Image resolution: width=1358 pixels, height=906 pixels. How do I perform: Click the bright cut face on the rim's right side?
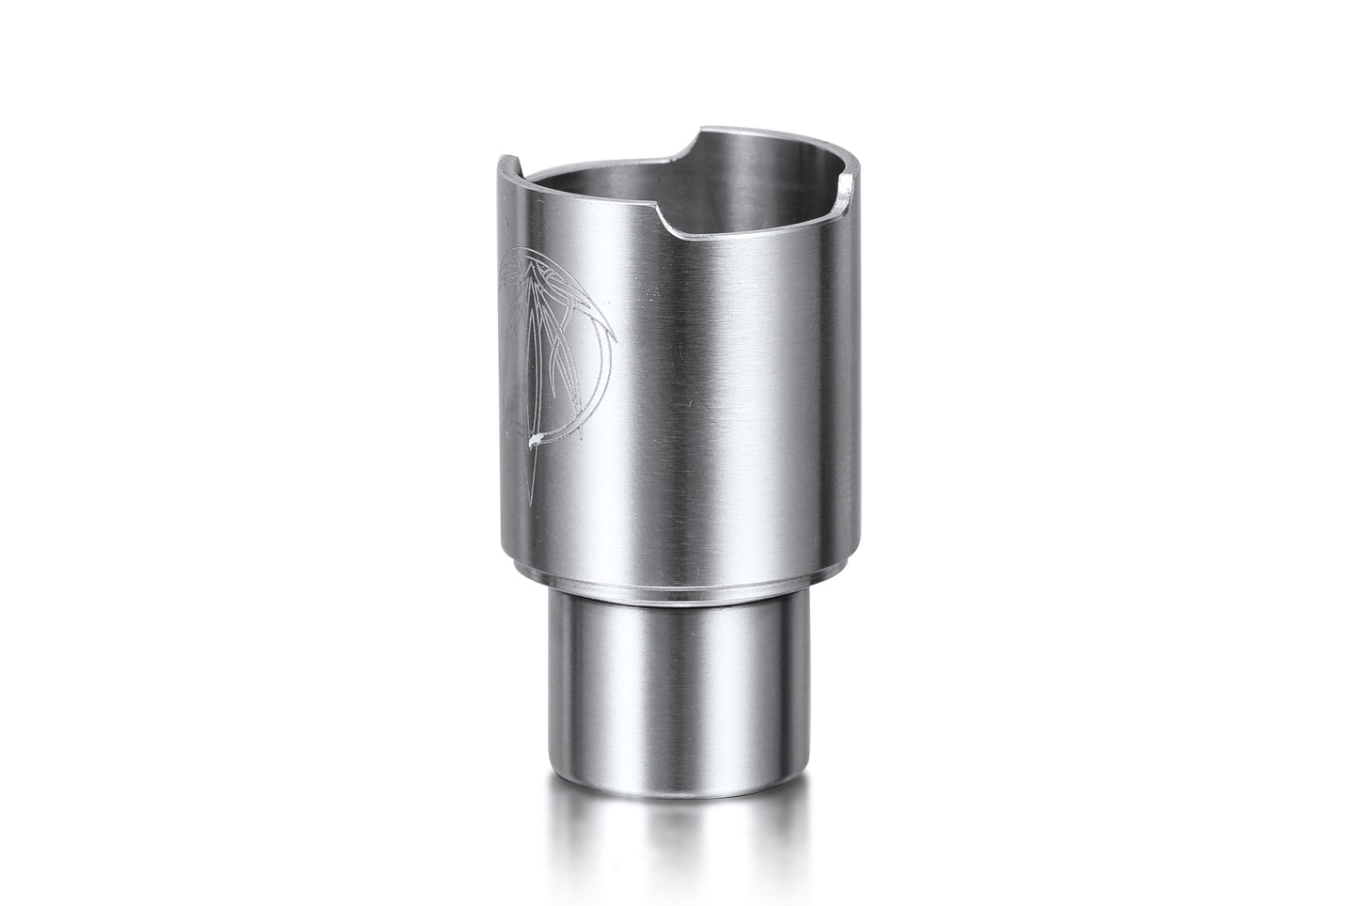pyautogui.click(x=849, y=186)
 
